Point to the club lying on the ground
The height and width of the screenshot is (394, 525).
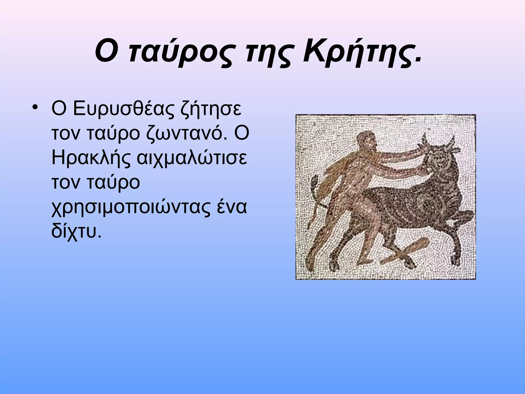tap(405, 253)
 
